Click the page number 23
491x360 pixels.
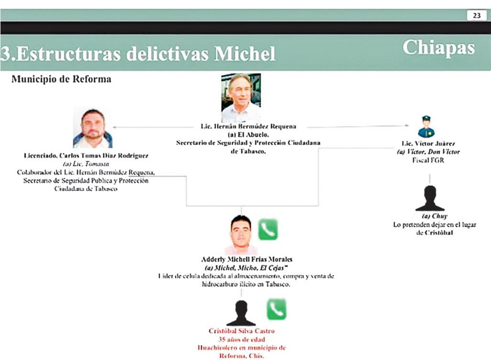tap(477, 16)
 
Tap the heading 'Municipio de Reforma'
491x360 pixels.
tap(61, 79)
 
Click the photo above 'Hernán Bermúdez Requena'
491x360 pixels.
tap(241, 98)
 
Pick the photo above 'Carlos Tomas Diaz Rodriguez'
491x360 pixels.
tap(92, 128)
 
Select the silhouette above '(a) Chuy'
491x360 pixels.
tap(430, 198)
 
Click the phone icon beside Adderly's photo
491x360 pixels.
tap(268, 230)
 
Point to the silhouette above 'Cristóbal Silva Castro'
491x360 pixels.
tap(241, 313)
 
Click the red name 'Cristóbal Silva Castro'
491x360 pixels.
tap(241, 331)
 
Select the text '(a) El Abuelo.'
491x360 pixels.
tap(248, 135)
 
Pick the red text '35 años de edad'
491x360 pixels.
tap(241, 339)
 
